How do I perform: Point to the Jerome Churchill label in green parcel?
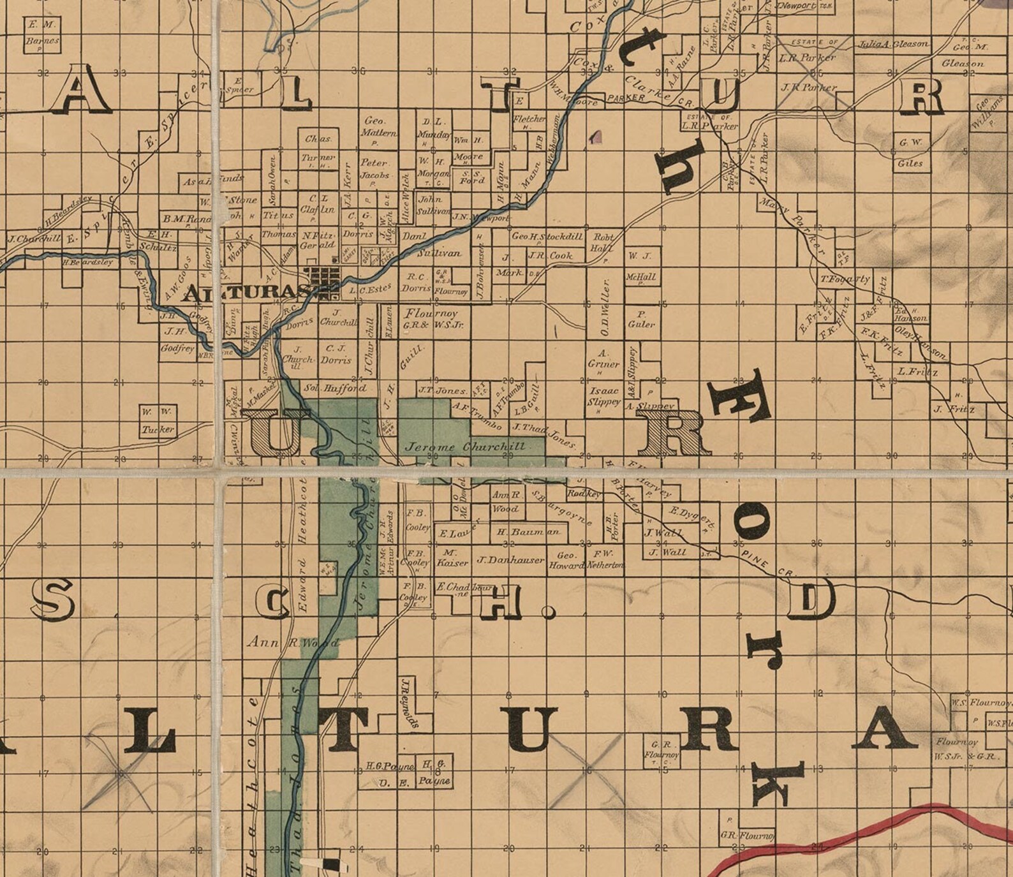(x=466, y=446)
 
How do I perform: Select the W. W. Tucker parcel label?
(x=158, y=421)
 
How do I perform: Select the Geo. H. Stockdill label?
(x=547, y=237)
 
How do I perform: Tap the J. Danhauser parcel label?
(x=511, y=560)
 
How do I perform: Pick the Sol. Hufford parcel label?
(x=335, y=388)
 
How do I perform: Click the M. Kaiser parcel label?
(x=452, y=558)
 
